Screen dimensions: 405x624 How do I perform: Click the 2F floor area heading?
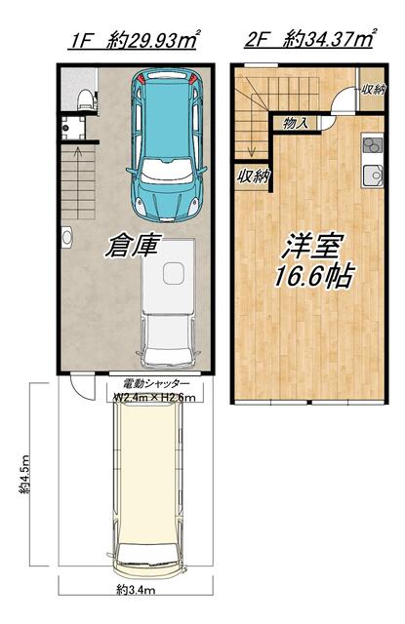tap(309, 39)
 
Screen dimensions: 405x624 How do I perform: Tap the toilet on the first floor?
tap(85, 98)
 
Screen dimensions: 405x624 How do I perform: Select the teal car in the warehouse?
tap(166, 145)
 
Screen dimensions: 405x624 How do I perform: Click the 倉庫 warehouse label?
tap(134, 246)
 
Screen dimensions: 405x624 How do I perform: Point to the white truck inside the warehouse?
tap(169, 302)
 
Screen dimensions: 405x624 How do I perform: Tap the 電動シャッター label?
tap(156, 384)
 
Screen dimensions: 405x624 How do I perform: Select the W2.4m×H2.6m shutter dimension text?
tap(155, 397)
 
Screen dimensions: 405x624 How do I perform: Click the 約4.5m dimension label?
tap(24, 475)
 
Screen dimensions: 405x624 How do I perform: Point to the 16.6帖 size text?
tap(314, 276)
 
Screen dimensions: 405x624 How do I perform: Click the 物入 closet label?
tap(296, 123)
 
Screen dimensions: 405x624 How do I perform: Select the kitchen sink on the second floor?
tap(373, 175)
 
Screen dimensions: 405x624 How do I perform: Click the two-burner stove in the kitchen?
tap(373, 144)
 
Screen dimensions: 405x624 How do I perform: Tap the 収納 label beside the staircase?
tap(254, 175)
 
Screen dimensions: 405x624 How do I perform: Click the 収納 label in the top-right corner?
tap(373, 89)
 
